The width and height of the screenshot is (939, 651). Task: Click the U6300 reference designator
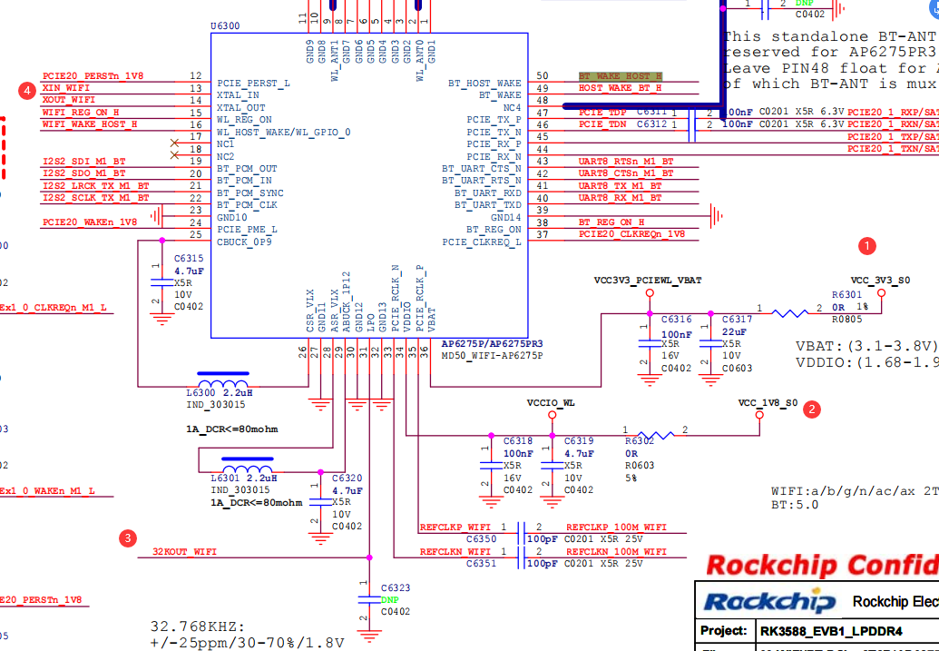coord(224,25)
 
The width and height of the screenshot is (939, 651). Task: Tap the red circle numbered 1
coord(867,245)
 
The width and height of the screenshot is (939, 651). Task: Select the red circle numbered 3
coord(129,538)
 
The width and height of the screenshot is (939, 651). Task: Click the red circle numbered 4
coord(27,90)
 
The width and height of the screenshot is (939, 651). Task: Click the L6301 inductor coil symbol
coord(247,465)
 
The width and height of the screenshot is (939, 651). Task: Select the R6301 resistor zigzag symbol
coord(790,313)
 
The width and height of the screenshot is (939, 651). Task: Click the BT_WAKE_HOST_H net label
coord(620,76)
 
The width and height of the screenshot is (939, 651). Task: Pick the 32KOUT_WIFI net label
coord(184,551)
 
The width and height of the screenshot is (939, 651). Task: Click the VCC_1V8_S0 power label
coord(768,402)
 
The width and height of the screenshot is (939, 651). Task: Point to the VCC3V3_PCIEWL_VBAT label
coord(648,281)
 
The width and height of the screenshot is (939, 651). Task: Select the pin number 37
coord(543,235)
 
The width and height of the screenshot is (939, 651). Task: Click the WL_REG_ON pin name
coord(244,119)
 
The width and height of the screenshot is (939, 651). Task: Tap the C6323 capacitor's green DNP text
coord(389,599)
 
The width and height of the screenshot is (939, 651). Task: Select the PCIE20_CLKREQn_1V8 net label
coord(631,234)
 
